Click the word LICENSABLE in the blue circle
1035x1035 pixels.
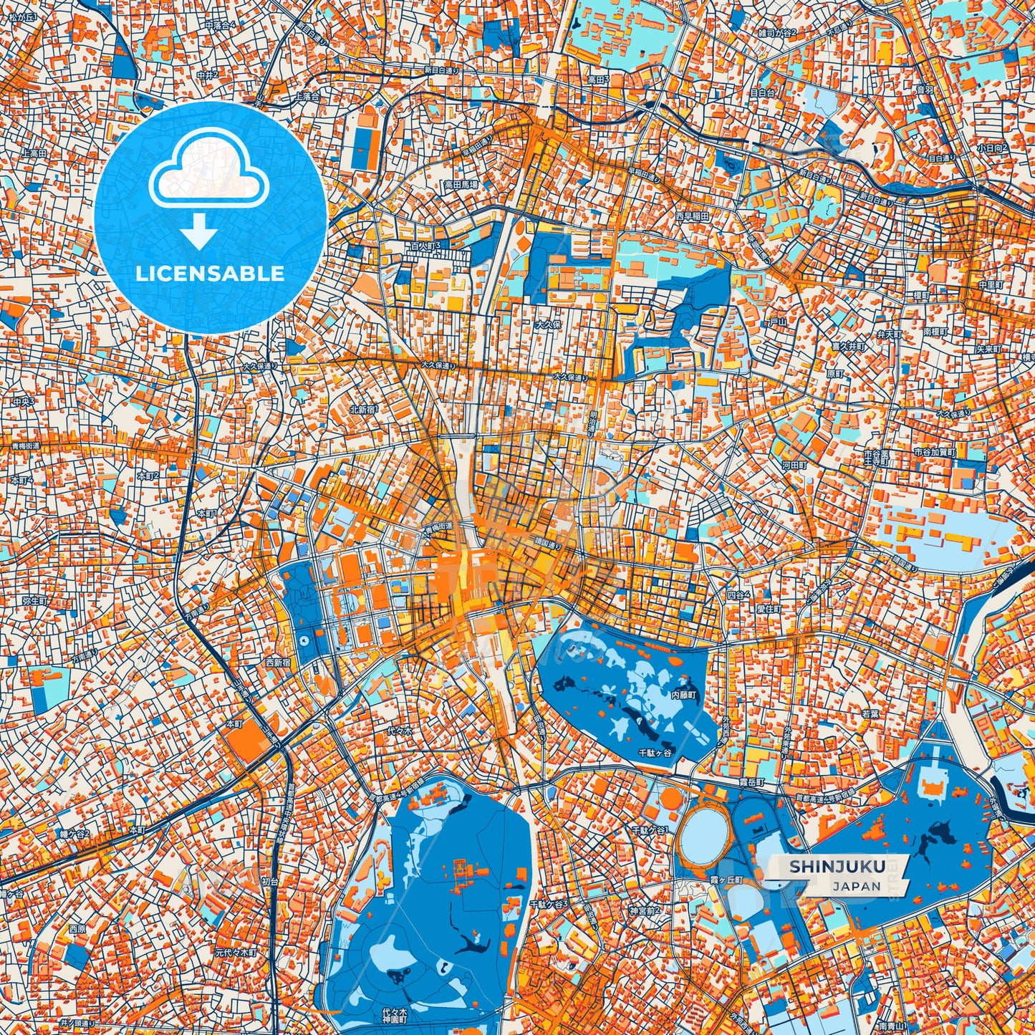pos(211,274)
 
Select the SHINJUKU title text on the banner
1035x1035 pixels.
pos(837,867)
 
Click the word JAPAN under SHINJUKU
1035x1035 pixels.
pos(857,886)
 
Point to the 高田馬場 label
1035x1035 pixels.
pos(460,184)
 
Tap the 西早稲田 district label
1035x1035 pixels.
pos(691,216)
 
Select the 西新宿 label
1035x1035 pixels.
pos(279,663)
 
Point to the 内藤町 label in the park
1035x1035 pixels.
pos(683,694)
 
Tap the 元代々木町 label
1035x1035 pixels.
pos(236,953)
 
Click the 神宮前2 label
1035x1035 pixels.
pos(645,911)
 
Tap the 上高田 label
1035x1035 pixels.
pos(34,153)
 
